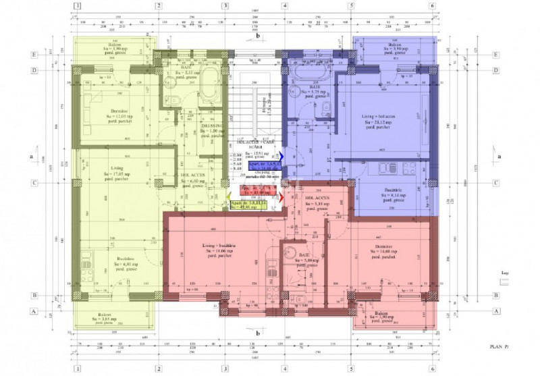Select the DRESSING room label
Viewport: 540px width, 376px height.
(213, 129)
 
